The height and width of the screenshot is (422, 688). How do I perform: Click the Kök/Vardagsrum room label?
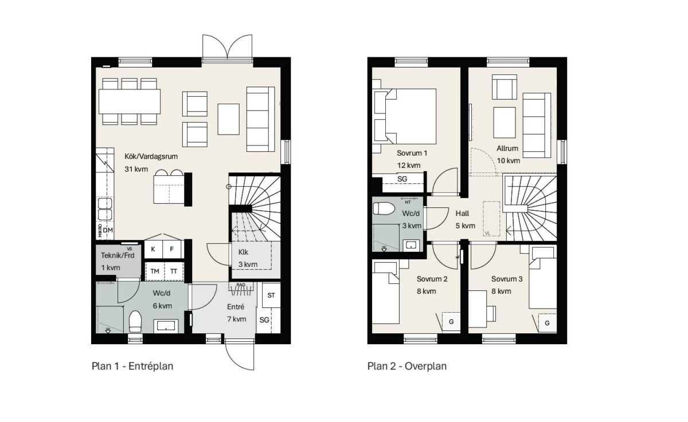click(151, 156)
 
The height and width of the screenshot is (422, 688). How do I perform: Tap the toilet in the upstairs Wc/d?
click(384, 208)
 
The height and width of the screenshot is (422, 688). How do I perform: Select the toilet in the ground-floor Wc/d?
click(135, 321)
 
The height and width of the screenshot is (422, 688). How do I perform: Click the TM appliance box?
click(154, 271)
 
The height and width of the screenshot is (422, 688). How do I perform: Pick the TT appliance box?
click(174, 271)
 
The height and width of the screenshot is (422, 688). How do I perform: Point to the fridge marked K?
click(153, 249)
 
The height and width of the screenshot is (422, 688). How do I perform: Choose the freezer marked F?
click(171, 249)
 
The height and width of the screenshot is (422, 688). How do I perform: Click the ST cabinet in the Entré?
click(271, 295)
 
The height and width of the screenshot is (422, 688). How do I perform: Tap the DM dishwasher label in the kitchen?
click(108, 230)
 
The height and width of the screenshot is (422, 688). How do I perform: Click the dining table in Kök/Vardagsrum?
click(130, 101)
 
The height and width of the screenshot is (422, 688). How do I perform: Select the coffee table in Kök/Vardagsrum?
click(229, 119)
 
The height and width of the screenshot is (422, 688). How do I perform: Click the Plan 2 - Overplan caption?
click(407, 366)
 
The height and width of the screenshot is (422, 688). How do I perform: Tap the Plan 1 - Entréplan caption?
click(132, 366)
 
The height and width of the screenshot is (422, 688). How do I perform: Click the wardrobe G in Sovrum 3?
click(547, 323)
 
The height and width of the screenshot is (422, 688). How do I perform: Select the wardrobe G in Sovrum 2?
click(451, 322)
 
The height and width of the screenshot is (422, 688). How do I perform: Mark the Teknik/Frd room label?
click(118, 255)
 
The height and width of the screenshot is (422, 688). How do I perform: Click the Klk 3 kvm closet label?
click(248, 258)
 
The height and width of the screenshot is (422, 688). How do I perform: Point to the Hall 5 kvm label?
click(465, 219)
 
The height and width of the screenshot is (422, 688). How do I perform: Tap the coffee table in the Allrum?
click(505, 123)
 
